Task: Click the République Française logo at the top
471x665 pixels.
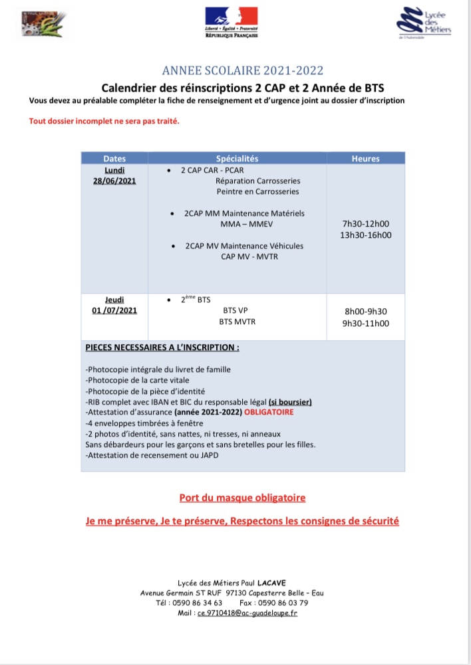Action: [x=231, y=21]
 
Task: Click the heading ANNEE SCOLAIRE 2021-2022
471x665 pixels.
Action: [x=243, y=71]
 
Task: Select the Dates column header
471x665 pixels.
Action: [x=114, y=159]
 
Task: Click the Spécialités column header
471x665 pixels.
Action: [x=237, y=159]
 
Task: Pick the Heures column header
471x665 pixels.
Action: [x=365, y=159]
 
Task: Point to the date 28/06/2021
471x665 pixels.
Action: [x=114, y=181]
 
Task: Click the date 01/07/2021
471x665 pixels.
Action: [x=114, y=311]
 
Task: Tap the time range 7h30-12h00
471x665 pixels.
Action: [x=365, y=224]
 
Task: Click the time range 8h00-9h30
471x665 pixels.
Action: [x=365, y=311]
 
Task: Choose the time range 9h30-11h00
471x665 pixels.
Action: [x=365, y=324]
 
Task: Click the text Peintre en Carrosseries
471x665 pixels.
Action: [x=257, y=191]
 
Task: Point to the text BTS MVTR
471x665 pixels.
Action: [x=237, y=322]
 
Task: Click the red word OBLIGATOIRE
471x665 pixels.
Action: [x=268, y=412]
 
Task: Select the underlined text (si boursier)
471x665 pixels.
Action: [x=290, y=401]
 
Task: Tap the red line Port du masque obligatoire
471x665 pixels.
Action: [x=242, y=497]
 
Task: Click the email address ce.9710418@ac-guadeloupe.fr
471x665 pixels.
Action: [x=247, y=613]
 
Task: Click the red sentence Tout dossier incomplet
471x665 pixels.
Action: [x=104, y=121]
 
